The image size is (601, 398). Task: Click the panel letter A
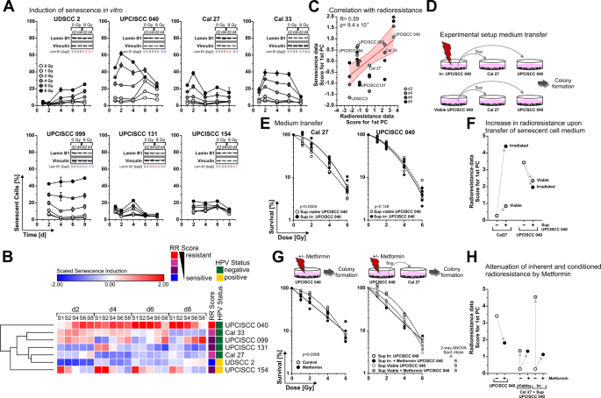pos(5,7)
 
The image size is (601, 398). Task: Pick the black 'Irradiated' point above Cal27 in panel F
pos(504,146)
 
